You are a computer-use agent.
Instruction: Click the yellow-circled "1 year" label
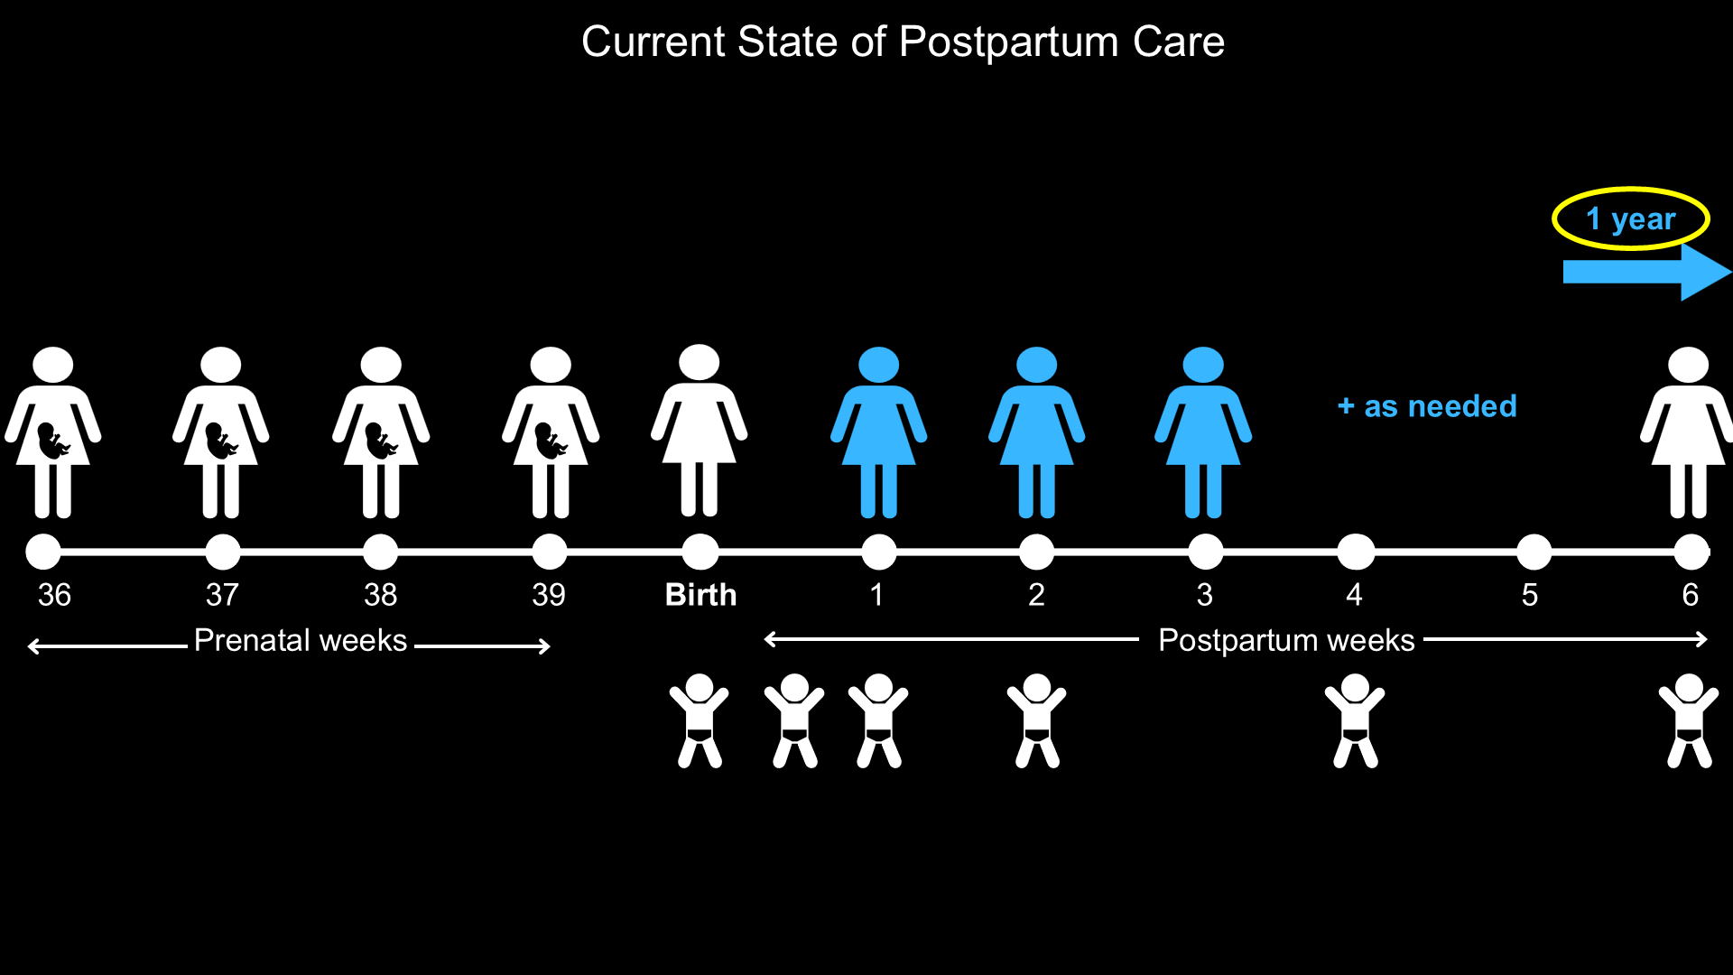click(1630, 218)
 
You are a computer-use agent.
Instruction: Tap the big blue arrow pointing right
click(1647, 272)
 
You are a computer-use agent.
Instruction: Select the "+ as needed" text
click(1427, 406)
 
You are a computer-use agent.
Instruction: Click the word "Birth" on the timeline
click(700, 595)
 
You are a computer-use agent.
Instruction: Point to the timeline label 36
click(54, 595)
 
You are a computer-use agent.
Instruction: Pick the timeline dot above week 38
click(380, 552)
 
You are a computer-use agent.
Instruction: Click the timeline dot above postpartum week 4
click(1355, 552)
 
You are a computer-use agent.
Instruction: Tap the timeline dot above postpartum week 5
click(1534, 552)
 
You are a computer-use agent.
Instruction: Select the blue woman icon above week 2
click(1036, 432)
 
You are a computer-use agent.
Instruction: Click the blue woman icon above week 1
click(878, 432)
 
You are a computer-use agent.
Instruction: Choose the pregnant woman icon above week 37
click(221, 432)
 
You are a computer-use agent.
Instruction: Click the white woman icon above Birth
click(700, 431)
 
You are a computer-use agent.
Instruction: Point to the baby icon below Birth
click(700, 720)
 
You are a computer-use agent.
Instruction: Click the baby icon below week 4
click(1355, 720)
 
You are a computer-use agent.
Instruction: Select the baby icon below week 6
click(1689, 720)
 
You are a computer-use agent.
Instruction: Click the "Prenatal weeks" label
click(301, 640)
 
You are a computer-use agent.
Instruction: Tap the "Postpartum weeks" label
click(1286, 640)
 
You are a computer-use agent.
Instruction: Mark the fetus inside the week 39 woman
click(550, 441)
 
